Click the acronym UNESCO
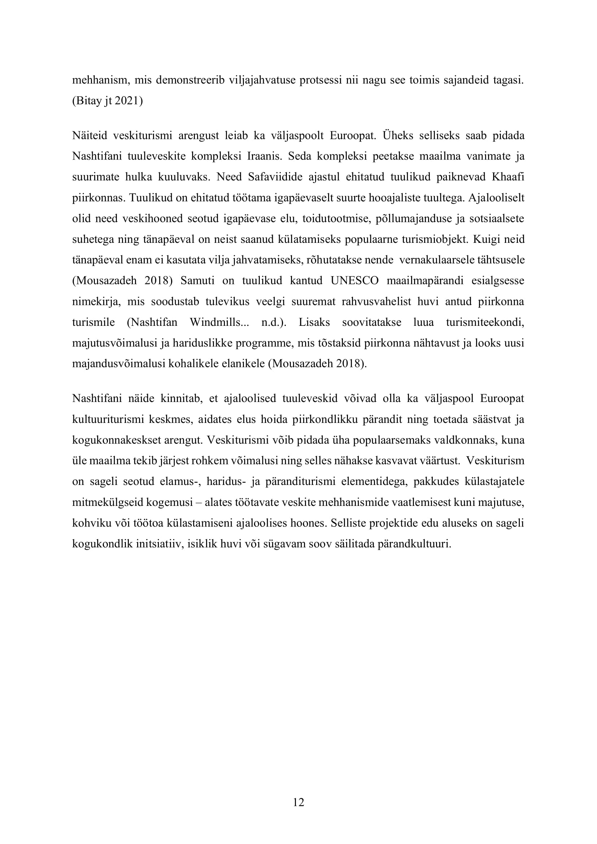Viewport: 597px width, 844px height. (x=355, y=280)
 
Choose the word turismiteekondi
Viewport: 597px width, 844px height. (x=485, y=322)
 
